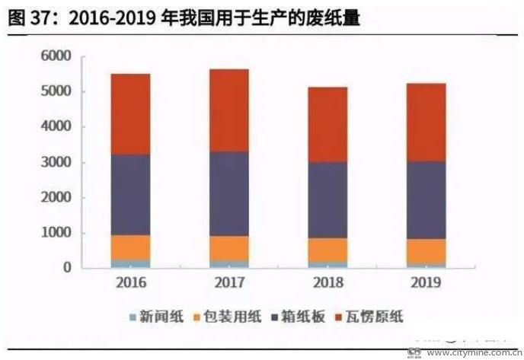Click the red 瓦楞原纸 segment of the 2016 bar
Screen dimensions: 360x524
129,114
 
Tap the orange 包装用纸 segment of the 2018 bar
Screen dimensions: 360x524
327,250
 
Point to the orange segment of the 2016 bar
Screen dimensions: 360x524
129,247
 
